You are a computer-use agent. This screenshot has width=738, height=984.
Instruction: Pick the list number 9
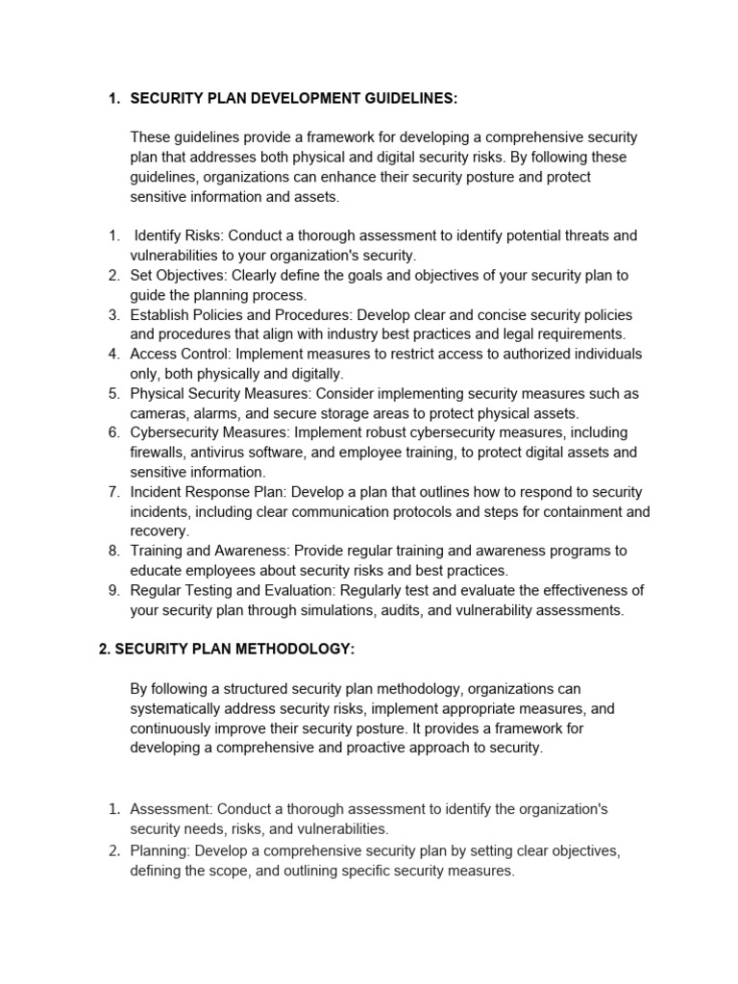[113, 590]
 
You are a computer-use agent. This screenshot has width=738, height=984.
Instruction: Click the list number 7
[113, 492]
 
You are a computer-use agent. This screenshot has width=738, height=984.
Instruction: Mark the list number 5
[113, 393]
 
